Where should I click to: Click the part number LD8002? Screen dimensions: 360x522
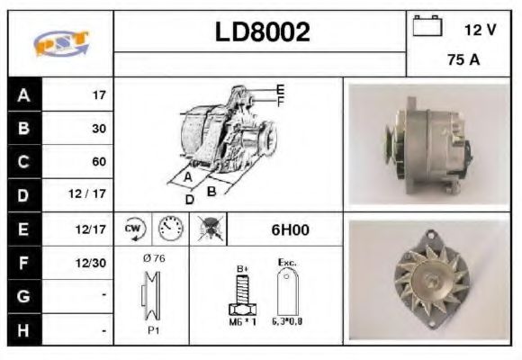point(262,32)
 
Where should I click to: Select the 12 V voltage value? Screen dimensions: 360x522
point(480,30)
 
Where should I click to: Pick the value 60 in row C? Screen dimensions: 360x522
point(99,162)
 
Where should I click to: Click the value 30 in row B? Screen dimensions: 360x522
point(99,129)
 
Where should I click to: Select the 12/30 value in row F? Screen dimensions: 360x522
point(93,263)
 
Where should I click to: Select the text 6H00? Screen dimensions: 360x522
point(290,229)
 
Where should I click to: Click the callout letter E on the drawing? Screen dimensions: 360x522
point(280,89)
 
